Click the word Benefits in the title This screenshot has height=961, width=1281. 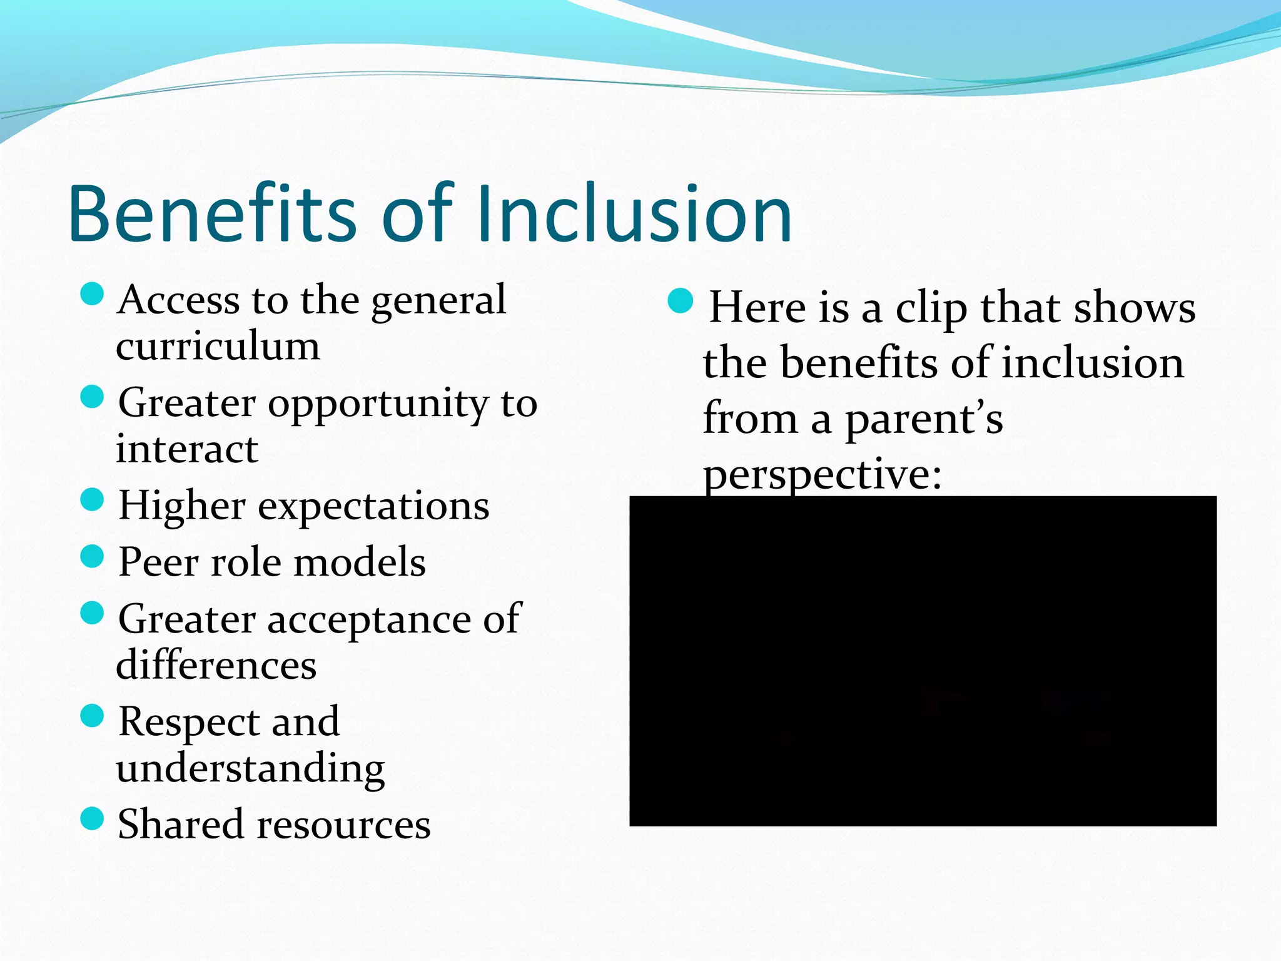pos(213,214)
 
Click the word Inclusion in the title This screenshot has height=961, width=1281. pos(634,214)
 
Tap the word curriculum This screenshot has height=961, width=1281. pos(218,346)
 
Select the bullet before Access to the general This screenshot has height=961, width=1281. pos(92,293)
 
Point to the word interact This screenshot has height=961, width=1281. pos(186,449)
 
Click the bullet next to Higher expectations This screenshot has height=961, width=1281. pos(92,500)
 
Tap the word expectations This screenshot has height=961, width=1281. pos(373,506)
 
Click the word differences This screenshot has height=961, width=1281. pos(216,665)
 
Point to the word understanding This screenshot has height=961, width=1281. pos(250,769)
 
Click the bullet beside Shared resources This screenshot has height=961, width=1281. pos(92,818)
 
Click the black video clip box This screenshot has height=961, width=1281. pos(923,661)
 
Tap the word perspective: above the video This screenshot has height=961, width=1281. pos(822,474)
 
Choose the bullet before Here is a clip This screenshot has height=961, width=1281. pos(681,301)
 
